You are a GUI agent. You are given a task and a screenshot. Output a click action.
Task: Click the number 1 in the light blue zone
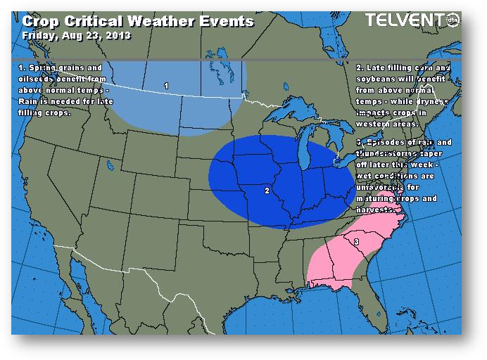click(x=166, y=86)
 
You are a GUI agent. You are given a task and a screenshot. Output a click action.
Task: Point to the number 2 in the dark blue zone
click(x=266, y=190)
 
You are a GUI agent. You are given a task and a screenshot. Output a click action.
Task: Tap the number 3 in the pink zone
click(x=356, y=242)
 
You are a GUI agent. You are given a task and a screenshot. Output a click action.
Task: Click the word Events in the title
click(x=226, y=21)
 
